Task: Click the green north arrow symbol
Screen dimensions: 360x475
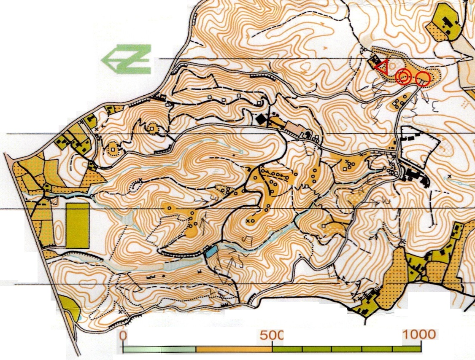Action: point(127,59)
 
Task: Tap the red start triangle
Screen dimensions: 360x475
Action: point(383,68)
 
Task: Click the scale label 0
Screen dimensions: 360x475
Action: point(123,336)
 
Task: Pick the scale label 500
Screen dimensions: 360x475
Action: point(272,336)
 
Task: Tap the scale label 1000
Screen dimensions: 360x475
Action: point(419,335)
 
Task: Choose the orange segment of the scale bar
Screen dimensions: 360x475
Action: point(234,349)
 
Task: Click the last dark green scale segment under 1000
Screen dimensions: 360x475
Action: point(407,349)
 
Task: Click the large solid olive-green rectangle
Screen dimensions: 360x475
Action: point(78,225)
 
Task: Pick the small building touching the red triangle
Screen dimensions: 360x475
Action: point(374,64)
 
